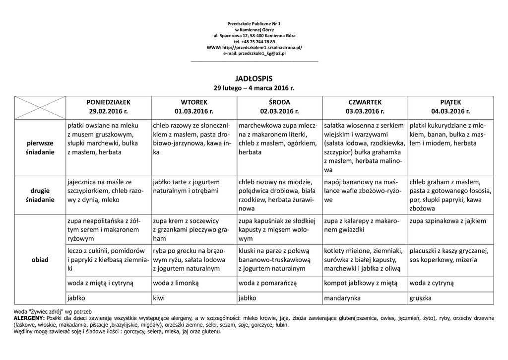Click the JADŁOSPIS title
click(x=254, y=78)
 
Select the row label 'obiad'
click(x=40, y=260)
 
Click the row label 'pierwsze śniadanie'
click(x=40, y=147)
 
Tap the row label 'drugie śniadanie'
click(x=40, y=195)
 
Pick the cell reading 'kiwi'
click(x=160, y=298)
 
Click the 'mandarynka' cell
click(x=342, y=298)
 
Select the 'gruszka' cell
click(x=420, y=298)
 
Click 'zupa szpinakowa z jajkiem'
click(x=448, y=221)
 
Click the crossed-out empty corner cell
click(x=40, y=106)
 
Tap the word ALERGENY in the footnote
click(x=29, y=318)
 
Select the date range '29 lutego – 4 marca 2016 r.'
click(x=254, y=88)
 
